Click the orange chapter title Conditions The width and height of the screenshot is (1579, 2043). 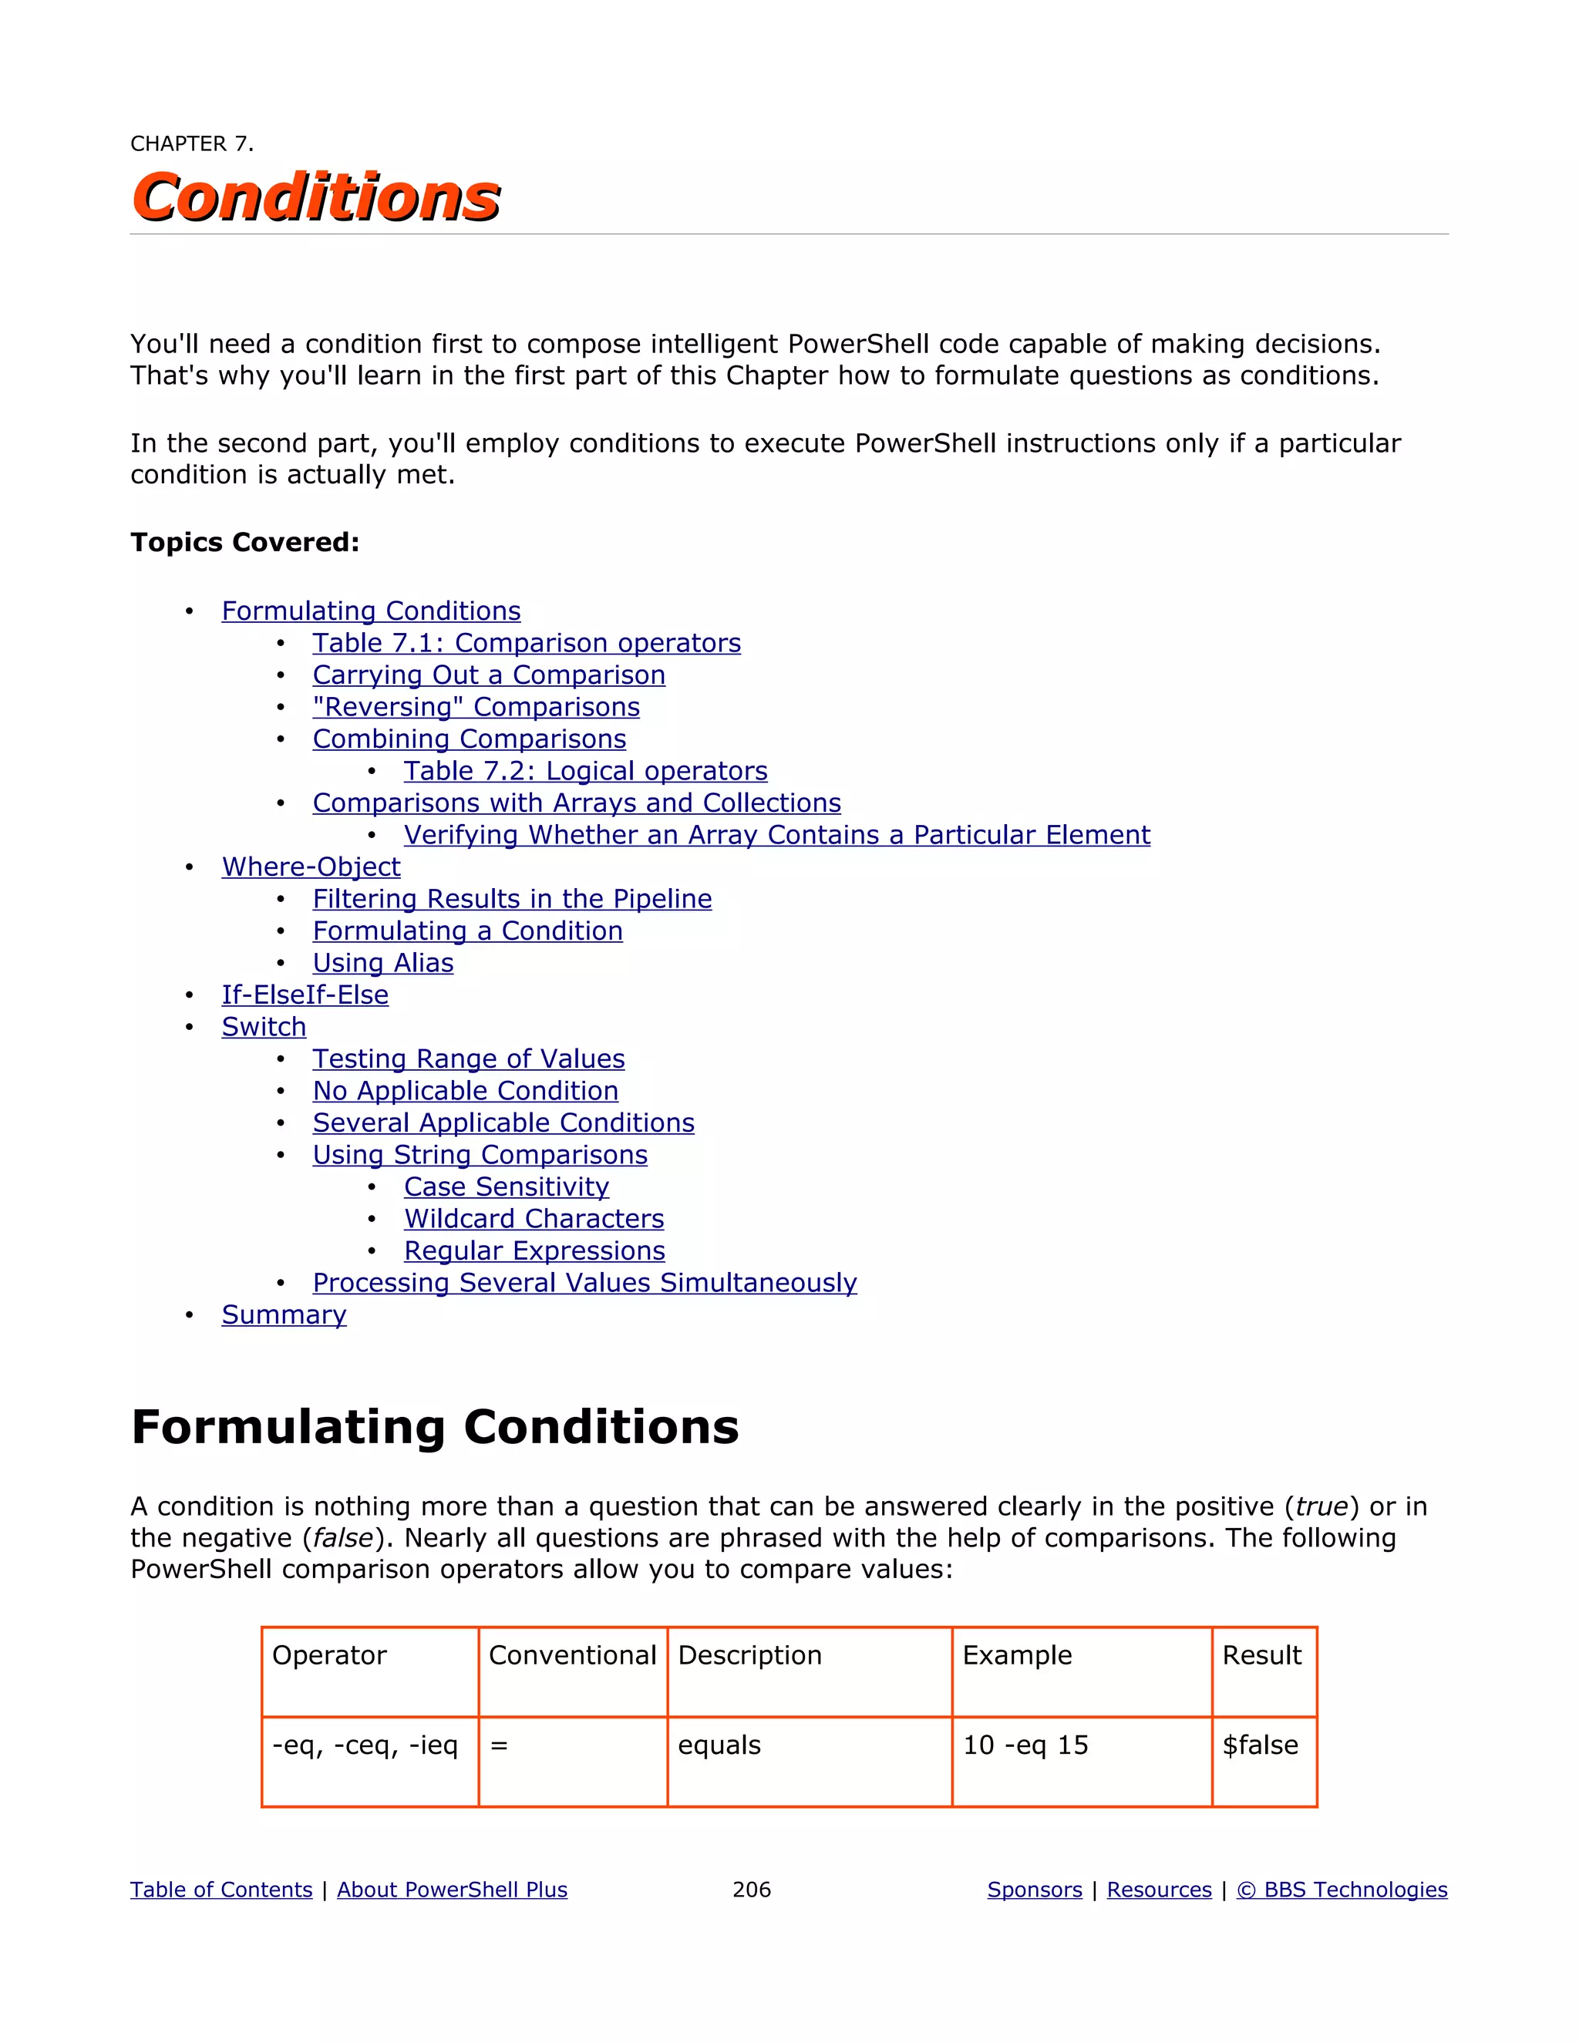(316, 197)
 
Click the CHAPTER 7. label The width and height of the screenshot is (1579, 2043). (192, 144)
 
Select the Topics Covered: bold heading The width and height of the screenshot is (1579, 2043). (244, 543)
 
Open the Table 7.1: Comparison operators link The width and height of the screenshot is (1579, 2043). (526, 644)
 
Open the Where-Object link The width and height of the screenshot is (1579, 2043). (311, 867)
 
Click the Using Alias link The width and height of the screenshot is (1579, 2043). (382, 963)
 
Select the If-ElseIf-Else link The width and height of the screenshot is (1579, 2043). (305, 995)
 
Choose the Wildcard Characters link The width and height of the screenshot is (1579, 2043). (534, 1219)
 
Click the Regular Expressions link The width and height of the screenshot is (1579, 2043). (534, 1250)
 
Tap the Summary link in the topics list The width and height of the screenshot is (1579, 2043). (284, 1314)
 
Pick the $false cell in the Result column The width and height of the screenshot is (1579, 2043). (1259, 1745)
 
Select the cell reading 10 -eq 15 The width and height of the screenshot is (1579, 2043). (1025, 1745)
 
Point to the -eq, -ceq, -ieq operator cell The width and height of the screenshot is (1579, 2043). (365, 1745)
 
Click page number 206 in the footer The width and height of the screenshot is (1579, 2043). (751, 1890)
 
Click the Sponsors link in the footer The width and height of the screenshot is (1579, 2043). (1034, 1890)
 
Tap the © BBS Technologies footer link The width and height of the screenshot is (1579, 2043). (1342, 1890)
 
